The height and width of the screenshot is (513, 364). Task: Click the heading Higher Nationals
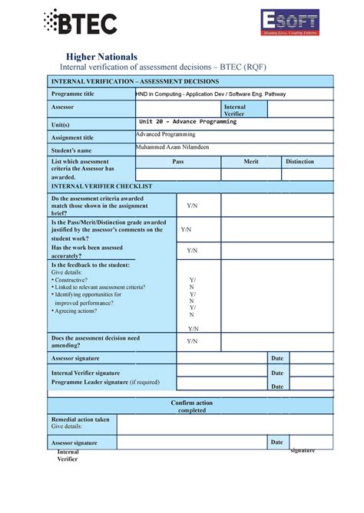(x=101, y=57)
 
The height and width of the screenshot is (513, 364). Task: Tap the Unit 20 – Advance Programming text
(x=187, y=122)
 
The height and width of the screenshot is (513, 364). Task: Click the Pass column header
(x=178, y=162)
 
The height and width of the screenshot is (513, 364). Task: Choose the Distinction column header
(x=299, y=162)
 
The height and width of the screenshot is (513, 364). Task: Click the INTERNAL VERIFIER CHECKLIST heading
(x=101, y=186)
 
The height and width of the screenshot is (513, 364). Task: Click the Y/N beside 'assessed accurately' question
(x=192, y=250)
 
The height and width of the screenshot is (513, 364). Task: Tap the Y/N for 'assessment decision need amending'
(x=192, y=340)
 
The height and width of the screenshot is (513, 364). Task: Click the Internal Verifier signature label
(x=85, y=372)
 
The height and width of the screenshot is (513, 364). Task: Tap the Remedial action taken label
(x=80, y=419)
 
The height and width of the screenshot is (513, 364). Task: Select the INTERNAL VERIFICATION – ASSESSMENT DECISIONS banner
(x=135, y=81)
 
